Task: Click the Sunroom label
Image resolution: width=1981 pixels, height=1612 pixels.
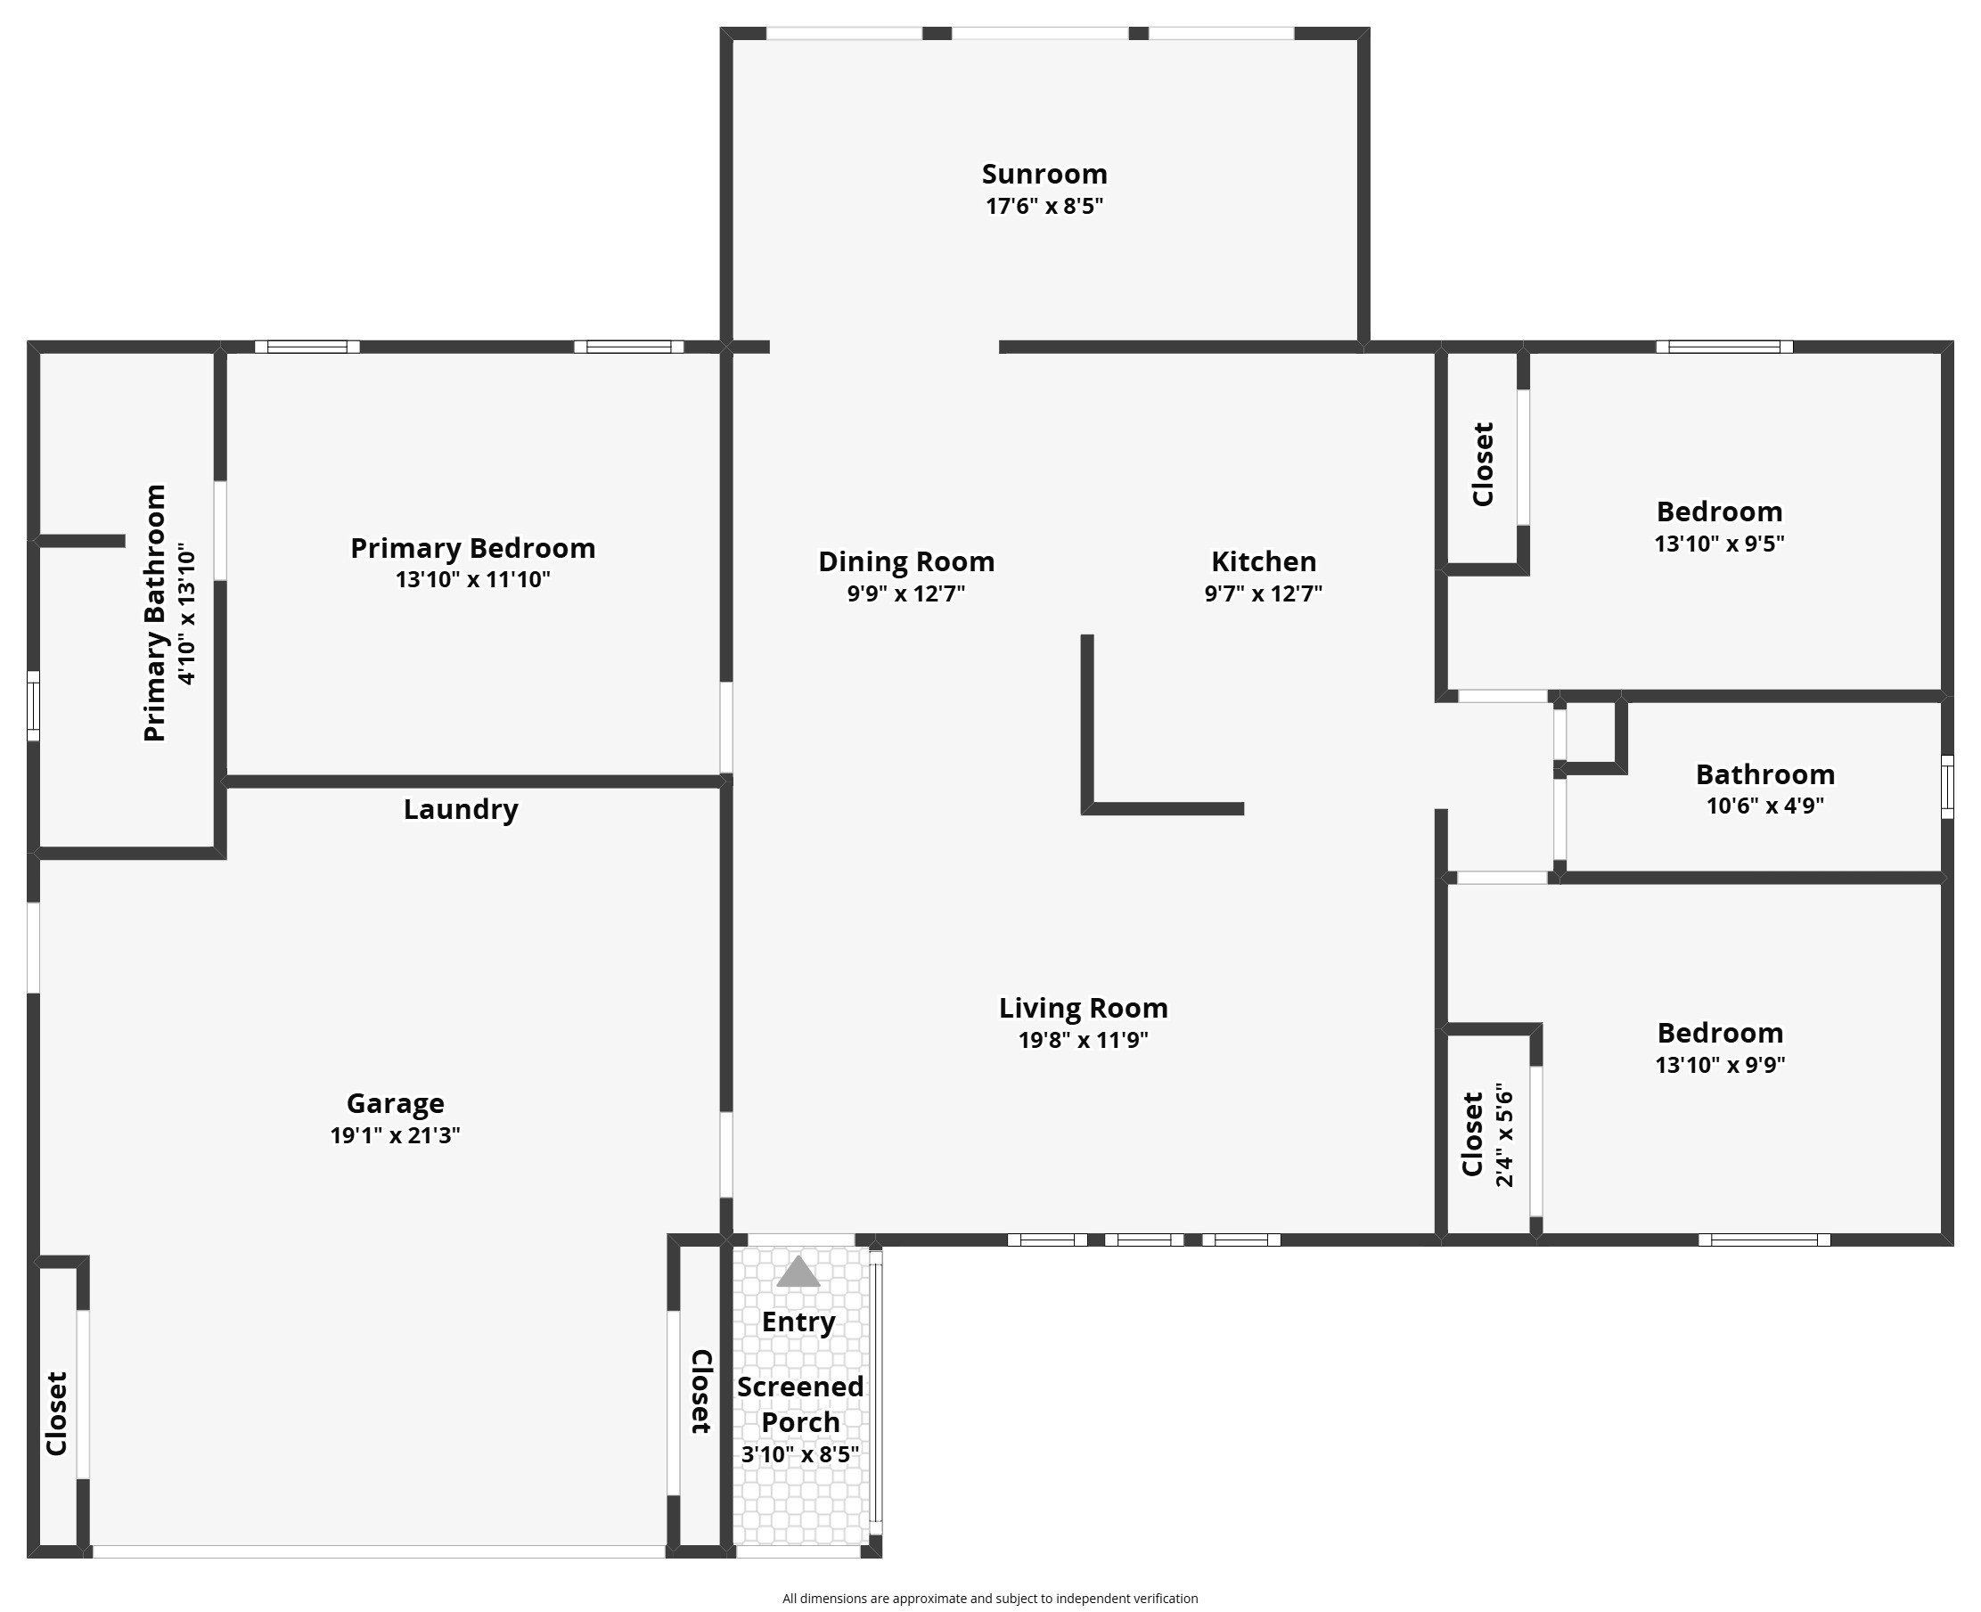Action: [1044, 174]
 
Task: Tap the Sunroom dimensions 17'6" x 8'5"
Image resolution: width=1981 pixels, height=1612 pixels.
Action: [1044, 206]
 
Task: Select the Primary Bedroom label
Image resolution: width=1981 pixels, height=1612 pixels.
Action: [472, 548]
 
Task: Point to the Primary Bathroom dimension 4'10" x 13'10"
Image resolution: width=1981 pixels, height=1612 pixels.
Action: [186, 614]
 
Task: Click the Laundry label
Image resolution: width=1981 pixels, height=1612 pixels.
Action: [461, 809]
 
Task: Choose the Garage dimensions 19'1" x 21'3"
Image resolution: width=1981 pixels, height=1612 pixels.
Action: [395, 1134]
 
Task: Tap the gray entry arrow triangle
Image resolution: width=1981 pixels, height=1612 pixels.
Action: [798, 1272]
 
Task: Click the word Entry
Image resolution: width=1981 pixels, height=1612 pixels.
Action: [798, 1322]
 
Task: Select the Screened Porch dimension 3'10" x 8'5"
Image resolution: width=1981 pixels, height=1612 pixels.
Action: [799, 1454]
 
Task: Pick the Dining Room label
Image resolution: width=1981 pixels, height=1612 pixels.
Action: [906, 561]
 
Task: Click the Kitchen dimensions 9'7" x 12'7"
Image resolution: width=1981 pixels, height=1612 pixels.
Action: [1263, 593]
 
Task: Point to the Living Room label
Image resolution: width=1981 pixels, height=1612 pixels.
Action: [1083, 1008]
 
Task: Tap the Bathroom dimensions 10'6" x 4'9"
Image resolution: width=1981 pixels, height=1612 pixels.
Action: [1764, 805]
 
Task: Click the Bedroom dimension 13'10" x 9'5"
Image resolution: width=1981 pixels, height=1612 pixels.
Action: [1719, 544]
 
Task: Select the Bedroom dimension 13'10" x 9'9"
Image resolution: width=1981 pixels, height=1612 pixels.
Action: [1720, 1064]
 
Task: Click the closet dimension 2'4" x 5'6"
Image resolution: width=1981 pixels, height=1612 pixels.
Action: [1504, 1134]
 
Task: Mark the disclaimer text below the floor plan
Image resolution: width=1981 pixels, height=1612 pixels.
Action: [990, 1598]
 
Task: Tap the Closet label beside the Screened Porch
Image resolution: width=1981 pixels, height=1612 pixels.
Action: [701, 1391]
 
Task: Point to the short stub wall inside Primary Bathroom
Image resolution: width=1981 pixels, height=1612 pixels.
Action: [82, 540]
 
